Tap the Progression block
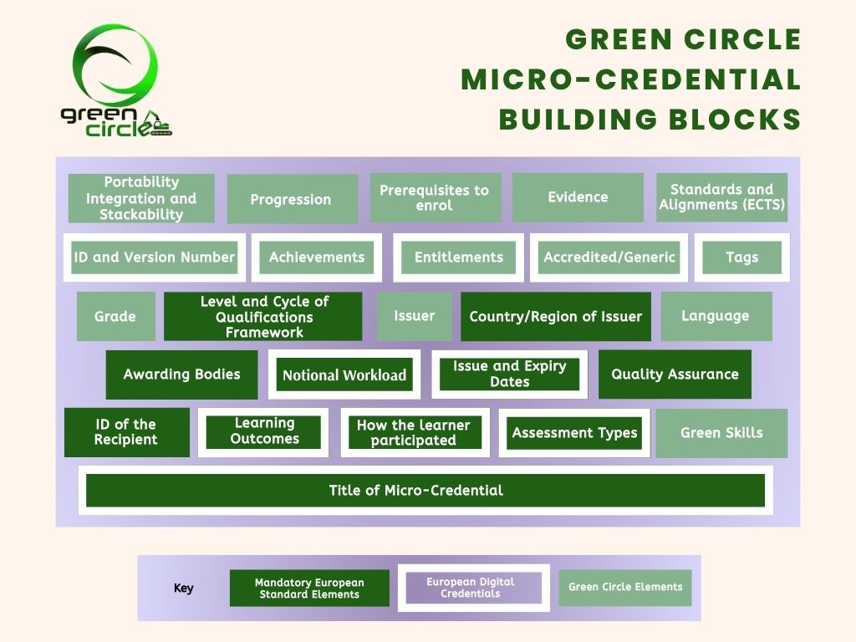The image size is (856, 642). pos(292,199)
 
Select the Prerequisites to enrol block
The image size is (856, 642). pos(435,198)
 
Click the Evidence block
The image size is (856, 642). pos(578,197)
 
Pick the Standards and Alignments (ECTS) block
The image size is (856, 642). pos(722,197)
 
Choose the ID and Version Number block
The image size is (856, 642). pos(154,257)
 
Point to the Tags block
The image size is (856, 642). pos(741,257)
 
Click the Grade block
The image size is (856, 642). pos(115,316)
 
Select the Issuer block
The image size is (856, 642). pos(414,316)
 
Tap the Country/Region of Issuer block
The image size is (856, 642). pos(555,316)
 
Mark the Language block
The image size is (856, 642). pos(716,316)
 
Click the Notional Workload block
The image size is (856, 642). pos(344,374)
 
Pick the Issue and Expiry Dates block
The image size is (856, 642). pos(509,374)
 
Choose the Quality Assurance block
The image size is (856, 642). pos(675,374)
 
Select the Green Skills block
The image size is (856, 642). pos(721,433)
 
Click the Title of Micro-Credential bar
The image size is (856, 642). pos(425,491)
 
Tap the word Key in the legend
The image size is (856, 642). pos(183,588)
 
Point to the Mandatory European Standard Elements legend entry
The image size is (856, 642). pos(309,588)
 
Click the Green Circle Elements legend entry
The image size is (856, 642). pos(625,587)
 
